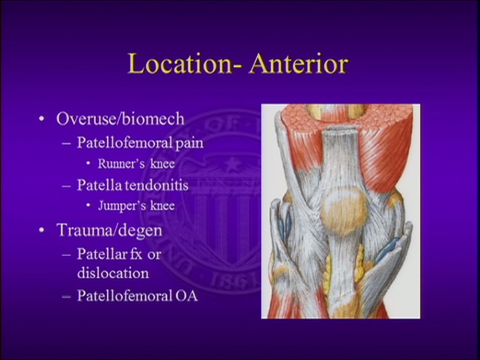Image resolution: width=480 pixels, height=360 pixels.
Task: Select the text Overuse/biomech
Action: pyautogui.click(x=120, y=118)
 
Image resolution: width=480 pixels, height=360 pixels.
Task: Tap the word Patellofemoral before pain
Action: pyautogui.click(x=119, y=143)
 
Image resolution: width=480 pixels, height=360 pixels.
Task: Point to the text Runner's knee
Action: pyautogui.click(x=129, y=164)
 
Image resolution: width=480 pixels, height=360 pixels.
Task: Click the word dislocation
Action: pyautogui.click(x=113, y=273)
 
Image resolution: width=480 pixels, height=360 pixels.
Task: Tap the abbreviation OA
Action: pyautogui.click(x=186, y=295)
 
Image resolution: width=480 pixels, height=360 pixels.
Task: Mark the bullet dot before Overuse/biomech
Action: pyautogui.click(x=41, y=119)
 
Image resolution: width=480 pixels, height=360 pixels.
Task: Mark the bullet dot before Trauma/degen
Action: pyautogui.click(x=41, y=230)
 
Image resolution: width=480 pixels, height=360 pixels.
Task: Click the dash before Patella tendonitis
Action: pyautogui.click(x=67, y=186)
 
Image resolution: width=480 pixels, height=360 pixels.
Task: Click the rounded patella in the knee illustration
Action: pyautogui.click(x=343, y=211)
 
